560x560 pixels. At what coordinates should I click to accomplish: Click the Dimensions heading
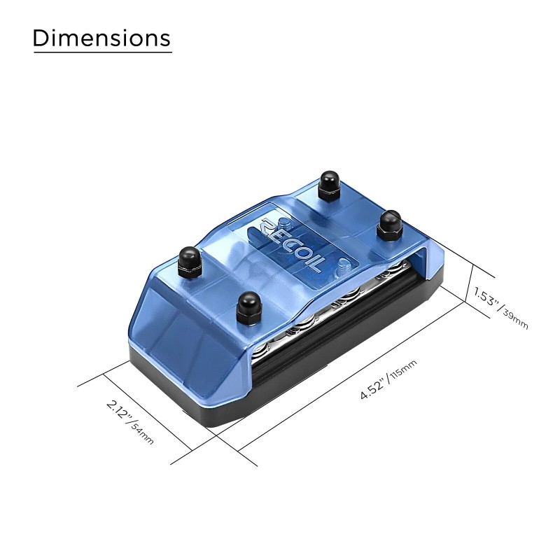[101, 38]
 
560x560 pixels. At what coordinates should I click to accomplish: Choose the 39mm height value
[515, 319]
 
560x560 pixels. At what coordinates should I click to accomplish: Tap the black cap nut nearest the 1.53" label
[389, 225]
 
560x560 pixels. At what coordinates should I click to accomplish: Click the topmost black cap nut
[330, 185]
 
